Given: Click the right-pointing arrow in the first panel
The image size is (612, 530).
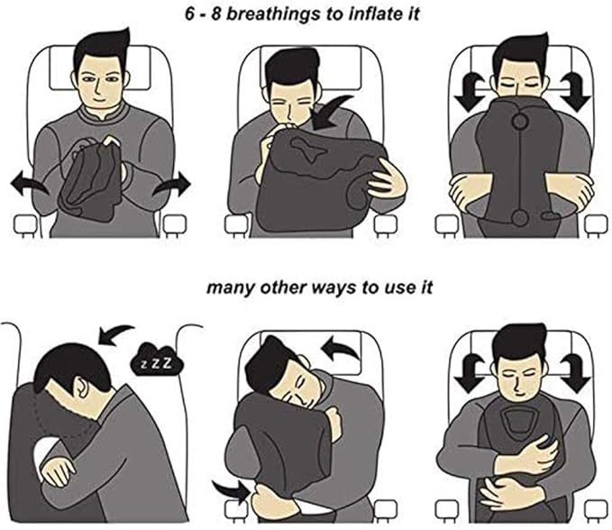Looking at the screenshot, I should coord(173,185).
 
